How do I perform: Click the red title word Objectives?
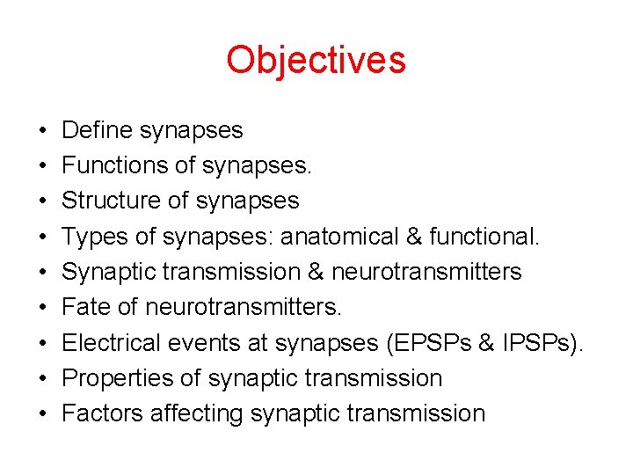pos(316,61)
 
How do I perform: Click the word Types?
pos(93,236)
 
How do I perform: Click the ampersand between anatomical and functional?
pos(440,236)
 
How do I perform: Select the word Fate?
pos(85,307)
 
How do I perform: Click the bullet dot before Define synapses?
pos(43,131)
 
